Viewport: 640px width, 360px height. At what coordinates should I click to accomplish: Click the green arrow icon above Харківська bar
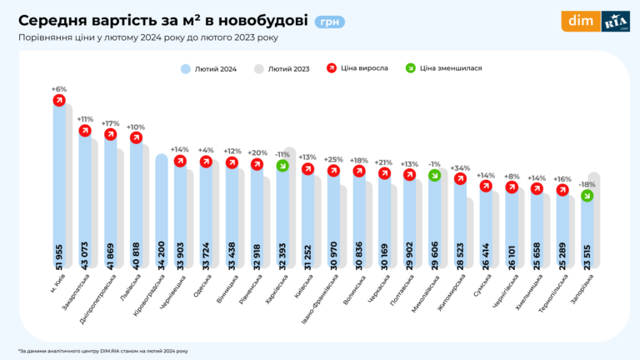click(x=282, y=166)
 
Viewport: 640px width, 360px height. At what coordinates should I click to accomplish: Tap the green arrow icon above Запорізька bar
click(x=587, y=196)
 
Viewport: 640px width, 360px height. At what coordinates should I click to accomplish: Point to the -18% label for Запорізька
click(x=587, y=184)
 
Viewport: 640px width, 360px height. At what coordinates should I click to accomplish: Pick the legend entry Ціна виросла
click(x=363, y=68)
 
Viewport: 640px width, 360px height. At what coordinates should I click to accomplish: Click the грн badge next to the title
click(x=330, y=22)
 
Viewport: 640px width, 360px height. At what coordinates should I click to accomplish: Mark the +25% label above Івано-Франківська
click(x=333, y=159)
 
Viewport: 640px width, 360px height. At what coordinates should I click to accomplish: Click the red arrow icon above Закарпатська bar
click(x=84, y=131)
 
